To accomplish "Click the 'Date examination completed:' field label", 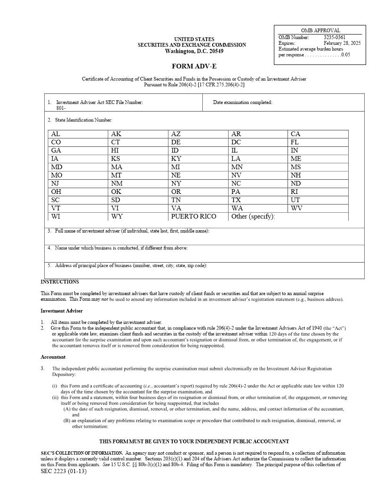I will click(x=242, y=103).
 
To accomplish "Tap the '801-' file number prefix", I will click(x=61, y=108).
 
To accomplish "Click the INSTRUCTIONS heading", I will click(x=60, y=282).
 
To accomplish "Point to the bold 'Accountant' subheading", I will click(x=53, y=357).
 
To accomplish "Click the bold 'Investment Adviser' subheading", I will click(x=61, y=311).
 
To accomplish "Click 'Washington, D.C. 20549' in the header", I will click(x=194, y=51).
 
